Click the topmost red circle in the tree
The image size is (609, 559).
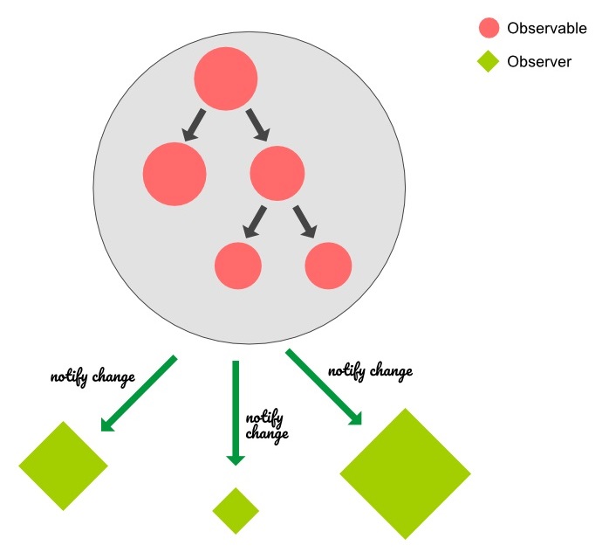click(x=226, y=79)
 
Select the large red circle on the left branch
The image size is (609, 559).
click(x=174, y=173)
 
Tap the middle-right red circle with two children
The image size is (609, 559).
click(x=277, y=171)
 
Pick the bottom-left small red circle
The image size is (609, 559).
click(x=238, y=265)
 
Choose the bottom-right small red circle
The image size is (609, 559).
click(x=329, y=265)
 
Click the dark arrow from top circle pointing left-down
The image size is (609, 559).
click(x=194, y=125)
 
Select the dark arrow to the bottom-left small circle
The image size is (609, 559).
click(x=255, y=221)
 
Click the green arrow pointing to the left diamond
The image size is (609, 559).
click(x=139, y=394)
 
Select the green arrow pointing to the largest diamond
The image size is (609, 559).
click(x=324, y=388)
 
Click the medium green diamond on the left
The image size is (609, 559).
click(x=63, y=466)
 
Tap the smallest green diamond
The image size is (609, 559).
click(x=236, y=510)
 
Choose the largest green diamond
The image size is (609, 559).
click(x=405, y=473)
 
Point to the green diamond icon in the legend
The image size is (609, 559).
click(x=489, y=62)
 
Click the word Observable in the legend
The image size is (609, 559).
click(x=547, y=28)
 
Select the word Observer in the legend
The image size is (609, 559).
click(x=539, y=62)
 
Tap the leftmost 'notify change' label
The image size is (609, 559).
click(x=92, y=378)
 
